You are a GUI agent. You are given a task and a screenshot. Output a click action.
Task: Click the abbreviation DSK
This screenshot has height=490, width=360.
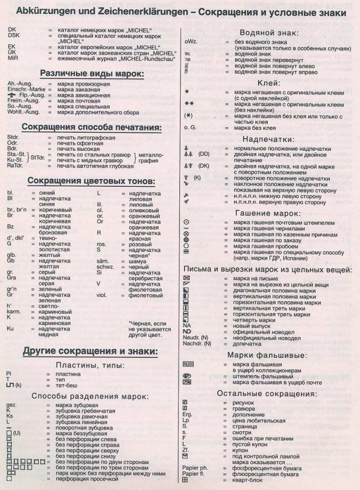click(13, 35)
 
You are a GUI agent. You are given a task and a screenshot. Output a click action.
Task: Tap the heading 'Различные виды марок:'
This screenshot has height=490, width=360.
click(92, 73)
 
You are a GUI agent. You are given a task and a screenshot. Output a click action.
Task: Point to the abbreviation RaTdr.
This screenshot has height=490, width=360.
click(15, 166)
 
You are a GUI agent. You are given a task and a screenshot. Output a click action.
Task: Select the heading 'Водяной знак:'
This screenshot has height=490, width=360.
click(269, 33)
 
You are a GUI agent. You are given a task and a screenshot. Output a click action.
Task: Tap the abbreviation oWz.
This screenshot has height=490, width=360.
click(190, 42)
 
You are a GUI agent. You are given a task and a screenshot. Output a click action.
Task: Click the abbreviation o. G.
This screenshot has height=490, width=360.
click(190, 128)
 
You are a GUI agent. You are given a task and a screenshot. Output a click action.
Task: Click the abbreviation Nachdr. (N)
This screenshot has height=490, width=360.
click(197, 343)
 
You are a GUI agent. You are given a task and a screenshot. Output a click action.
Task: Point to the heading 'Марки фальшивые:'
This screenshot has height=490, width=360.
click(268, 355)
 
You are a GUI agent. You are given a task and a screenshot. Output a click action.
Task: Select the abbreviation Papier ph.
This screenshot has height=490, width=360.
click(196, 467)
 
